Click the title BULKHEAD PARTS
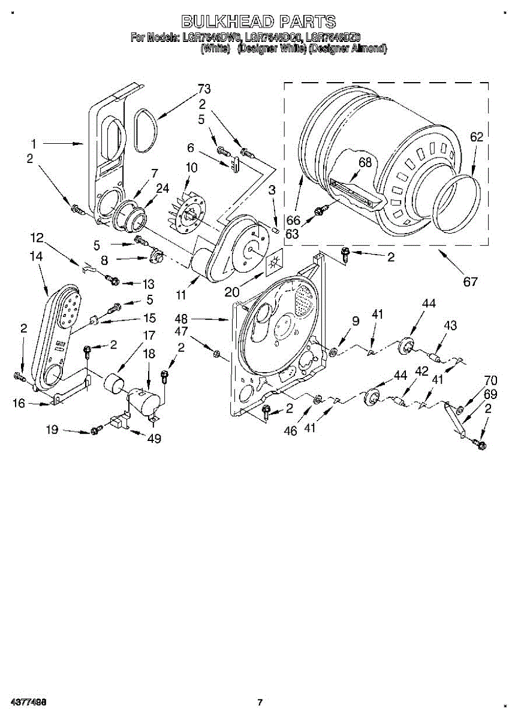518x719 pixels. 258,22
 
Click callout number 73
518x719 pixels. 204,89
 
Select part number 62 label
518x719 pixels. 476,137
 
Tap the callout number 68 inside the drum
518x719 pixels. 365,162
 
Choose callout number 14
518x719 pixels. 36,256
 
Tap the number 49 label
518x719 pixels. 154,439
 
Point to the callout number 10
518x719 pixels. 191,168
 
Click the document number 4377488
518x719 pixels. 25,702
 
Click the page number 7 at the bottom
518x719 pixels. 260,702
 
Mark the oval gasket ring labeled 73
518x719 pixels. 145,129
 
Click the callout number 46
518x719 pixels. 291,430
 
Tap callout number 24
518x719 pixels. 162,188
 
